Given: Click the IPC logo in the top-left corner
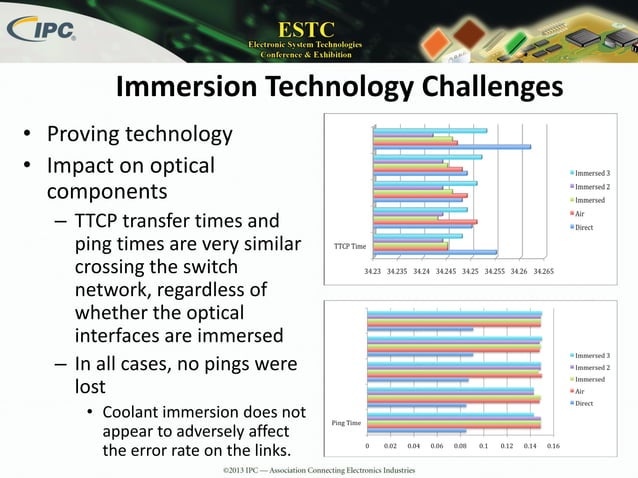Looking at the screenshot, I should click(41, 30).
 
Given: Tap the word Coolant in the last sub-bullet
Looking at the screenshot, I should click(136, 412).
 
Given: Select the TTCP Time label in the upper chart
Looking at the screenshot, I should click(349, 245).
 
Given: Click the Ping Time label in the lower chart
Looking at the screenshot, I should click(346, 424).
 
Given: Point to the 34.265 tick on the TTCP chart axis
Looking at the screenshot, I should click(544, 270).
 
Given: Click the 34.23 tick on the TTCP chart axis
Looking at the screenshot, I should click(373, 270).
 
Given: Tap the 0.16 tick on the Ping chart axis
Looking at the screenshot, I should click(553, 446).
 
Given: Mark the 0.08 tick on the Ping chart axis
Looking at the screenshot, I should click(460, 446).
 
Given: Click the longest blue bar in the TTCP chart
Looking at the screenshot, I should click(452, 147).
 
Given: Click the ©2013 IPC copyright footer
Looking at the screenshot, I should click(319, 468).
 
